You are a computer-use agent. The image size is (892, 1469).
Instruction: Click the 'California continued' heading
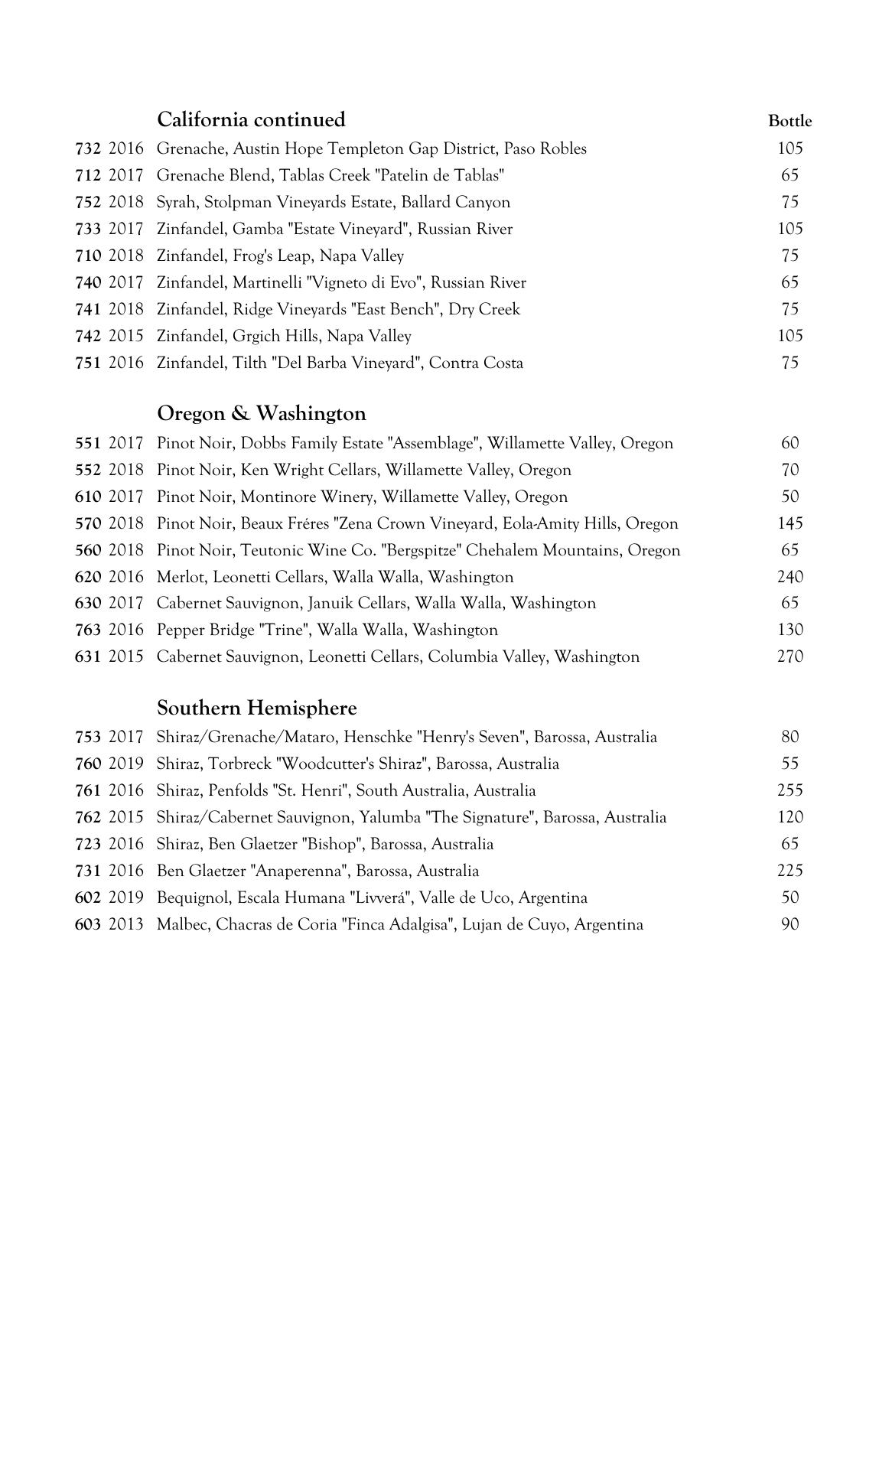point(251,120)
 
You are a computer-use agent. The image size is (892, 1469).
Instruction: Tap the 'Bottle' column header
point(789,121)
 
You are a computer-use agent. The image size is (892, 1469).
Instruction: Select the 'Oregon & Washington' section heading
point(262,414)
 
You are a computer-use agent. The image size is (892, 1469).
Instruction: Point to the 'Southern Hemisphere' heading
point(257,708)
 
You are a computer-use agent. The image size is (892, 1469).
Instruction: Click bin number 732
point(88,148)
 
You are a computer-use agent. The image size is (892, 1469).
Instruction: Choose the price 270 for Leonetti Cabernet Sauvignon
point(790,656)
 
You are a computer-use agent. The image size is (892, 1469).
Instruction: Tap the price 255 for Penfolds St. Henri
point(790,790)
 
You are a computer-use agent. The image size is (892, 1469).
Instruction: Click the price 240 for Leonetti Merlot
point(790,577)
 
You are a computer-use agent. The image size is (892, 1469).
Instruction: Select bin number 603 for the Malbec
point(88,924)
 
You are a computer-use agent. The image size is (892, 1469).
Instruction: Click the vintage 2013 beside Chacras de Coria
point(126,924)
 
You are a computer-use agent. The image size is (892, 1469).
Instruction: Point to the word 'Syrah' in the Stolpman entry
point(176,203)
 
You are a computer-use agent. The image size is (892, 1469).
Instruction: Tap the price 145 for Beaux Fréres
point(790,523)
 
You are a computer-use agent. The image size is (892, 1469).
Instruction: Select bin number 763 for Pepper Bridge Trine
point(88,630)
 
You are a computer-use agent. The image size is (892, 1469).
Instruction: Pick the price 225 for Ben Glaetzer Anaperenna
point(790,871)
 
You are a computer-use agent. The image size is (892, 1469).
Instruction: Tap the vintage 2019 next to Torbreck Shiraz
point(126,764)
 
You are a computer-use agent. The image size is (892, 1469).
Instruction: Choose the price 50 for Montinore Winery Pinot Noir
point(790,497)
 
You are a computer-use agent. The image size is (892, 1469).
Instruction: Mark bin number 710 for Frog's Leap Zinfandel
point(88,256)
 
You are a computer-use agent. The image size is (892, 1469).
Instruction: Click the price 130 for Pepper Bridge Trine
point(790,630)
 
